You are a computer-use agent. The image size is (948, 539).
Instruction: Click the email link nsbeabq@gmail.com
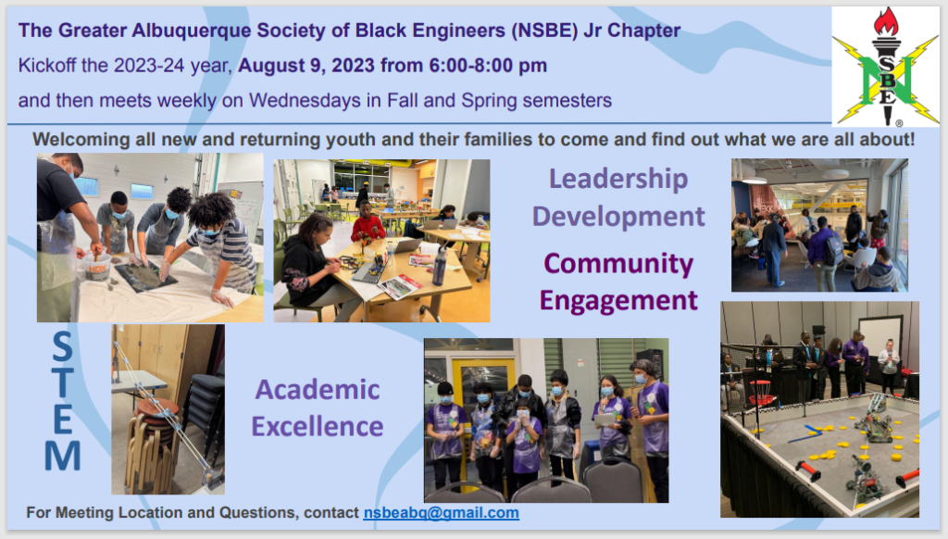coord(441,513)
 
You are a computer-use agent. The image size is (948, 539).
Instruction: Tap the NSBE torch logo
coord(885,66)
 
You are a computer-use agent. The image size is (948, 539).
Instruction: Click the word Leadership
coord(617,179)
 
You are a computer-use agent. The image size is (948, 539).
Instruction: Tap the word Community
coord(617,264)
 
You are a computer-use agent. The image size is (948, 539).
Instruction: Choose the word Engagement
coord(617,301)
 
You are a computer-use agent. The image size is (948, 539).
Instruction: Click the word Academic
coord(318,390)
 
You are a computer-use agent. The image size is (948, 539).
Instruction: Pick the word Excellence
coord(318,427)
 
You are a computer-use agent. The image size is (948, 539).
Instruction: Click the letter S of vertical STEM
coord(62,346)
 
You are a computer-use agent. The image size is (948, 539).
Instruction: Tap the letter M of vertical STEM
coord(62,455)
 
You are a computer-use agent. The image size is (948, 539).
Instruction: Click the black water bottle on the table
coord(440,266)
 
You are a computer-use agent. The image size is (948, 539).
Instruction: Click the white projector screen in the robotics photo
coord(879,337)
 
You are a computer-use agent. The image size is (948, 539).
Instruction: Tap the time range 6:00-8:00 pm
coord(488,66)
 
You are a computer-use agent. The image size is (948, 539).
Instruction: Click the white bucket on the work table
coord(96,266)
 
